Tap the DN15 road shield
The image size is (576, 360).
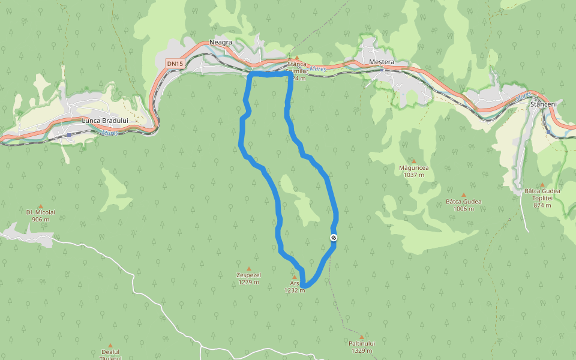click(x=175, y=63)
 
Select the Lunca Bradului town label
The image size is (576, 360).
click(x=109, y=121)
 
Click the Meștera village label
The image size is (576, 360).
click(x=382, y=62)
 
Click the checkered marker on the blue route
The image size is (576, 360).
click(x=334, y=238)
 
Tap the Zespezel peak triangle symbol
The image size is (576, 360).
click(x=248, y=268)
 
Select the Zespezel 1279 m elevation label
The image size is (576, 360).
click(x=248, y=278)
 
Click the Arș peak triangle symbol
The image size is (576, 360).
click(x=295, y=277)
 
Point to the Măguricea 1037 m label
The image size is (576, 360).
click(x=414, y=172)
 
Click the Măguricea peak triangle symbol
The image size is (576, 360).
click(x=413, y=161)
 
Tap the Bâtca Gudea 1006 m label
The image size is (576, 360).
click(x=464, y=205)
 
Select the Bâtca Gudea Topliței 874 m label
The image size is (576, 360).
click(x=542, y=198)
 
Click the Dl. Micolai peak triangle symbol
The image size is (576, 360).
click(x=41, y=206)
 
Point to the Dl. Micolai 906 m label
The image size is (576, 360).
click(x=41, y=215)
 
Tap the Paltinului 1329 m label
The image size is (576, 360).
click(x=361, y=347)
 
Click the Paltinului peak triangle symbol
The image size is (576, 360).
click(x=361, y=337)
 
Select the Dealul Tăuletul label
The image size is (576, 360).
click(x=111, y=355)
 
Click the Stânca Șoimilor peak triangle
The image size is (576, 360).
click(x=296, y=58)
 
